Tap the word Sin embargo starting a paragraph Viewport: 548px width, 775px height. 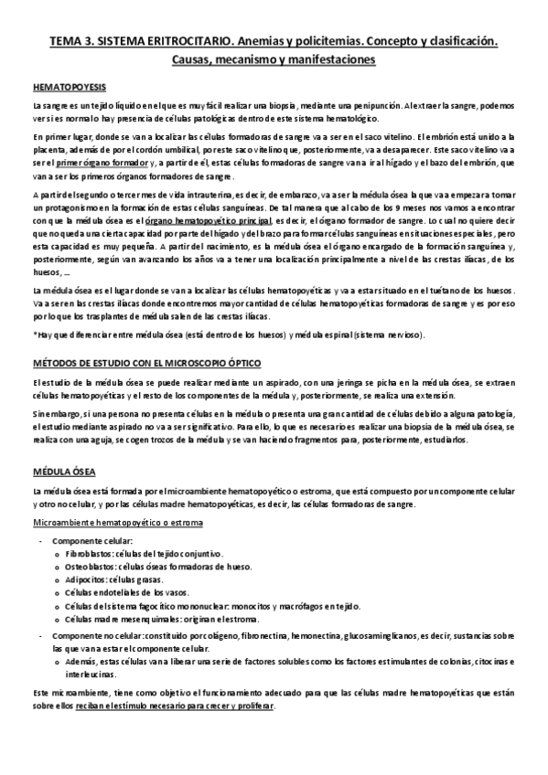[50, 414]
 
